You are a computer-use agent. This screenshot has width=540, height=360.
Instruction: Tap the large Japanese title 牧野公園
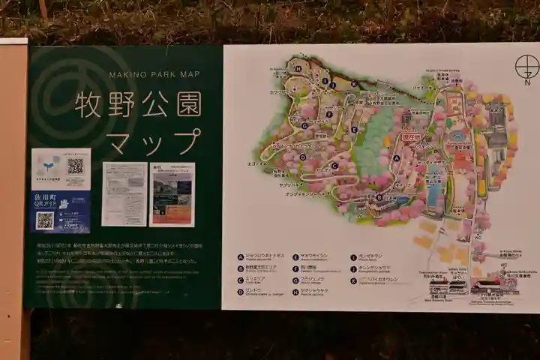[x=138, y=105]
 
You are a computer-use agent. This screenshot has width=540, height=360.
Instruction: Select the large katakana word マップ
[x=154, y=140]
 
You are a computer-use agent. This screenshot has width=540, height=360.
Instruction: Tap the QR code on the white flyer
[x=75, y=166]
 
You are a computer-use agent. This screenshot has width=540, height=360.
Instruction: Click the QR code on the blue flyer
[x=45, y=220]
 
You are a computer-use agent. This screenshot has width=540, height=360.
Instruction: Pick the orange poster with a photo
[x=172, y=194]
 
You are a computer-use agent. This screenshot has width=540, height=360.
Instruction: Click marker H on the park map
[x=298, y=68]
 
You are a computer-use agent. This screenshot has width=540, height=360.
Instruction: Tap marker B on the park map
[x=379, y=197]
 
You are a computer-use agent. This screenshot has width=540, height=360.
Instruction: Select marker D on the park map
[x=304, y=157]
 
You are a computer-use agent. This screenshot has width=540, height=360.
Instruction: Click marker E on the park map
[x=354, y=129]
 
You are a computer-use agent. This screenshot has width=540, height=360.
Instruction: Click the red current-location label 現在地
[x=409, y=138]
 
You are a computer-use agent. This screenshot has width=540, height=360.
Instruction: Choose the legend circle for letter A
[x=241, y=256]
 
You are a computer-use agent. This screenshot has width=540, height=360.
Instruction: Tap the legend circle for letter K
[x=352, y=280]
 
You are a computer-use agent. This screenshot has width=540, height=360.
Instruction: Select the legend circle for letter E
[x=297, y=256]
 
